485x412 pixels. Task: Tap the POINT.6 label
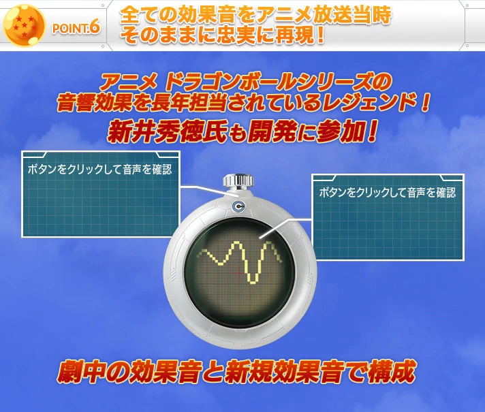tap(75, 28)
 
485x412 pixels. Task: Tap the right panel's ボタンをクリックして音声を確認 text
tap(387, 193)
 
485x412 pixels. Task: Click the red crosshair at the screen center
tap(240, 273)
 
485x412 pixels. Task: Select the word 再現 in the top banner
tap(286, 36)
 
